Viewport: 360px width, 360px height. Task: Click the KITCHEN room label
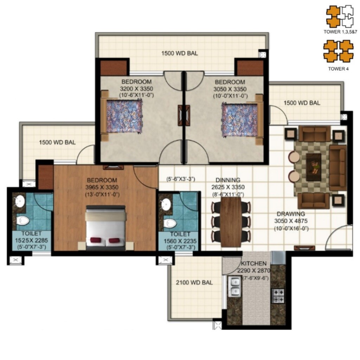(x=253, y=263)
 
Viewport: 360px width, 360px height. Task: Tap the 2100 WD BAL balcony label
(x=194, y=282)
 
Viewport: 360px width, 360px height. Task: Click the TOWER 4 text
(x=338, y=69)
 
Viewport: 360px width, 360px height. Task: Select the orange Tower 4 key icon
(x=338, y=51)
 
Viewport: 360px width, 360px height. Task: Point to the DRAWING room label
(x=290, y=214)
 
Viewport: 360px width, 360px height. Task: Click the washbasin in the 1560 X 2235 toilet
(x=166, y=204)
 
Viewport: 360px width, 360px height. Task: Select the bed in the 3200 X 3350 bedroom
(x=122, y=116)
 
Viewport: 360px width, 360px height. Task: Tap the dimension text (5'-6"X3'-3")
(x=181, y=179)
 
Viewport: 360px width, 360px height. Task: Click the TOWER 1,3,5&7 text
(x=340, y=31)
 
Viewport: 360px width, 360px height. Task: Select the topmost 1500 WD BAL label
(x=179, y=54)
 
